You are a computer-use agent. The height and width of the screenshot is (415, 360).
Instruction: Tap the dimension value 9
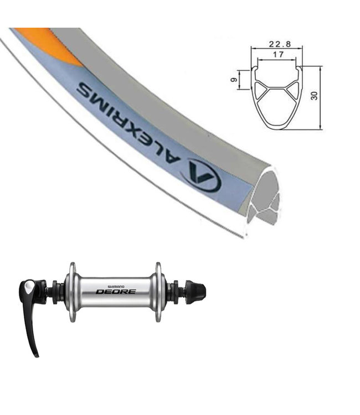[234, 80]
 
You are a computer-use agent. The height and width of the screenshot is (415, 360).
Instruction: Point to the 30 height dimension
[315, 96]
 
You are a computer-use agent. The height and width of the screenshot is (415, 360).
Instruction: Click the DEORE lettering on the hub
[116, 292]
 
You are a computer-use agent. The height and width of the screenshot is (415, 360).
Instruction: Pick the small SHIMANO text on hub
[116, 287]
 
